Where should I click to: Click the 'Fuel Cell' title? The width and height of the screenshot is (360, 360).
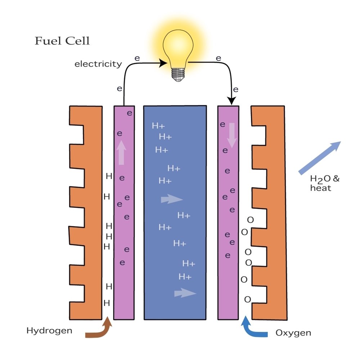(x=62, y=41)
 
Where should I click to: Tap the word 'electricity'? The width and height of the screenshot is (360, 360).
(x=98, y=64)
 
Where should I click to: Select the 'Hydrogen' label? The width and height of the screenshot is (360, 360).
(x=49, y=330)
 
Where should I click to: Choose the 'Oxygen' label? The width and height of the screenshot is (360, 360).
(x=293, y=333)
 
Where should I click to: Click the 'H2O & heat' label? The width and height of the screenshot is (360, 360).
(x=325, y=183)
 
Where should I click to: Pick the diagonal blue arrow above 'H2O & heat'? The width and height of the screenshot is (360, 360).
(x=320, y=158)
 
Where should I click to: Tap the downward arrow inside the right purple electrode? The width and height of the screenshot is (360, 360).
(x=231, y=135)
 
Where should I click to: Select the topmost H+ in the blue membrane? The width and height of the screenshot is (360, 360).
(x=158, y=126)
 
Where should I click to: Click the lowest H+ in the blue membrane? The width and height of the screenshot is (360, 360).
(x=185, y=277)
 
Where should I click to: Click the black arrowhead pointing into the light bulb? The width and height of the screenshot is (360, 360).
(x=163, y=63)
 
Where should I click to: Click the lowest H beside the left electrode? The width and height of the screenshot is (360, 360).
(x=107, y=303)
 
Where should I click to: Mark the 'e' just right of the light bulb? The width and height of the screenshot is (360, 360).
(x=218, y=58)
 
